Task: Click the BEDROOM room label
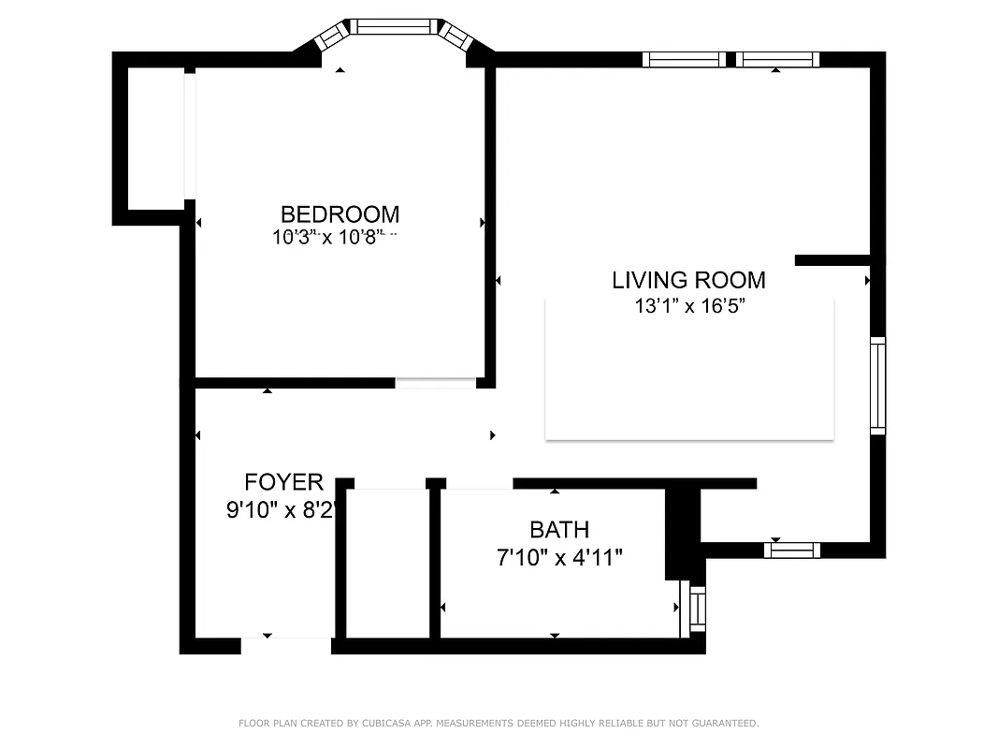click(x=340, y=214)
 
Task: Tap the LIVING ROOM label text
click(x=688, y=280)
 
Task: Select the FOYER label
click(x=283, y=482)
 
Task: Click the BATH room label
click(x=559, y=530)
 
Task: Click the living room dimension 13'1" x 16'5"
click(x=688, y=305)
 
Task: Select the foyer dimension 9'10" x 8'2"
click(x=283, y=510)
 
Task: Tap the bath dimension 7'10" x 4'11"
click(x=559, y=558)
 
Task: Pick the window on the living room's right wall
click(x=877, y=386)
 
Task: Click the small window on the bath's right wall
click(x=697, y=609)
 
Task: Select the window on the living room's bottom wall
click(x=791, y=551)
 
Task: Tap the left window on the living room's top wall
click(x=684, y=60)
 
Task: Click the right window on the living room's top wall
click(x=777, y=60)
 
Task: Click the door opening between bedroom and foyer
click(x=435, y=383)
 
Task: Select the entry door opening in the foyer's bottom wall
click(x=286, y=645)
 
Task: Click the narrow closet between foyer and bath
click(x=387, y=562)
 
